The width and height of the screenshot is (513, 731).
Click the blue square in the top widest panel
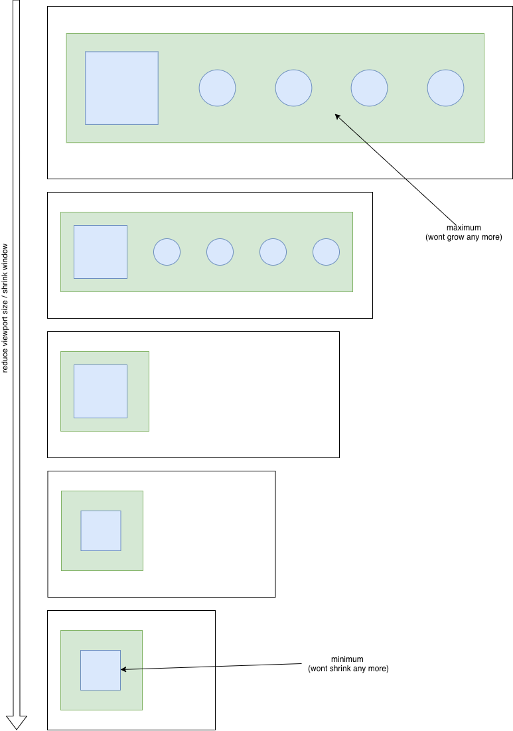[x=121, y=88]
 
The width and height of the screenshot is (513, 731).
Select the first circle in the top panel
[x=217, y=88]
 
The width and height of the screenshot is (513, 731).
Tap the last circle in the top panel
[x=445, y=88]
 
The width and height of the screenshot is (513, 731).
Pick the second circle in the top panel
[x=293, y=88]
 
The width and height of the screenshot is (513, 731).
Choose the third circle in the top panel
[x=369, y=88]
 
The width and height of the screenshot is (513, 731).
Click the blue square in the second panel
[x=101, y=252]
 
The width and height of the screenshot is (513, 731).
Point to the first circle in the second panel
[x=167, y=252]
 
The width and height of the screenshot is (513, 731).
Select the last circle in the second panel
[x=326, y=252]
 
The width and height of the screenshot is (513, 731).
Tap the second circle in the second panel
[x=220, y=252]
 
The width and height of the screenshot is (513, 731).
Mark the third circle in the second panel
[x=273, y=252]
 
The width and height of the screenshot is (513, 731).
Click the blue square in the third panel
[x=101, y=392]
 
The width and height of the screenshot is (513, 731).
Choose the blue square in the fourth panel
[x=101, y=531]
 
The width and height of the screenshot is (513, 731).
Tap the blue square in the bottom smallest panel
[x=101, y=671]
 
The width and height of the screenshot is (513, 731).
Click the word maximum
[x=464, y=228]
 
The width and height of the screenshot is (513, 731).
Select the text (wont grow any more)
[x=464, y=237]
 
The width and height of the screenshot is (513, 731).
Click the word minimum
[x=347, y=659]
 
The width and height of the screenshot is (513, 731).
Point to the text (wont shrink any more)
[x=348, y=669]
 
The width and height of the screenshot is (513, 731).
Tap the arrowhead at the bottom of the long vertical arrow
[x=17, y=722]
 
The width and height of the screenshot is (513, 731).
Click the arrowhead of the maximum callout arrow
[x=337, y=116]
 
